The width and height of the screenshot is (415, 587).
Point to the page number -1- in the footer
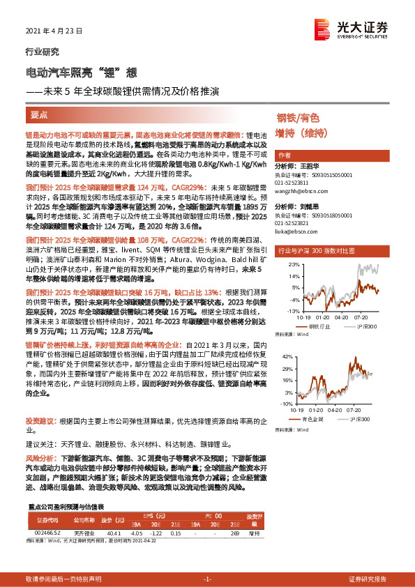tap(207, 579)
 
